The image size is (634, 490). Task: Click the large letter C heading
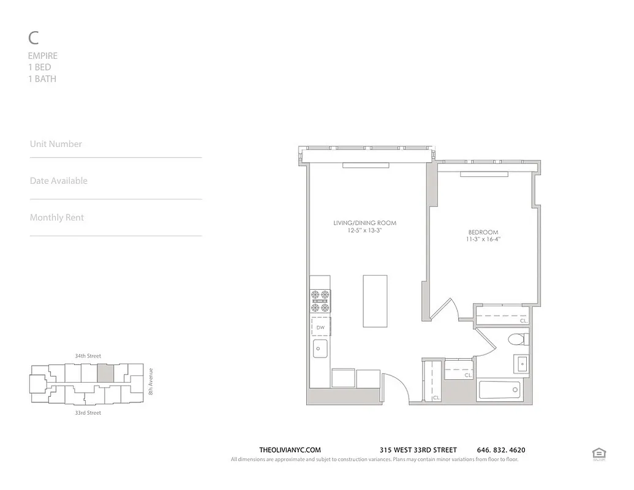tap(34, 38)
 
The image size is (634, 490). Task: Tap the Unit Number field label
tap(56, 144)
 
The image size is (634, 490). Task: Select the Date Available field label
tap(59, 181)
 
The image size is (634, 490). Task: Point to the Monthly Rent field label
tap(57, 217)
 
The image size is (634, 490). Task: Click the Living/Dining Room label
tap(364, 223)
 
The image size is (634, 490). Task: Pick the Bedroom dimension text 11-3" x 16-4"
tap(483, 239)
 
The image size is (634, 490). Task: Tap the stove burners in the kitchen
tap(320, 301)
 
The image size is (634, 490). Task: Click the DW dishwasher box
tap(320, 328)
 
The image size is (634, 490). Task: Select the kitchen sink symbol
tap(320, 350)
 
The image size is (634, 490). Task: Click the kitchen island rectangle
tap(375, 301)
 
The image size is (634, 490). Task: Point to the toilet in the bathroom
tap(518, 339)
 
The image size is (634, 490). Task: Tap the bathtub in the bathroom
tap(499, 390)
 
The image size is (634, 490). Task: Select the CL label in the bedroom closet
tap(523, 320)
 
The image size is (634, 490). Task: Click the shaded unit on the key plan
tap(106, 373)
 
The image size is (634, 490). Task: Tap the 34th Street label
tap(88, 356)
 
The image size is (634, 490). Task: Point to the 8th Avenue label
tap(151, 381)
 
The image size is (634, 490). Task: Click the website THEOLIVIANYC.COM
tap(290, 450)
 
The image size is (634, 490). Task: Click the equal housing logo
tap(598, 453)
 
